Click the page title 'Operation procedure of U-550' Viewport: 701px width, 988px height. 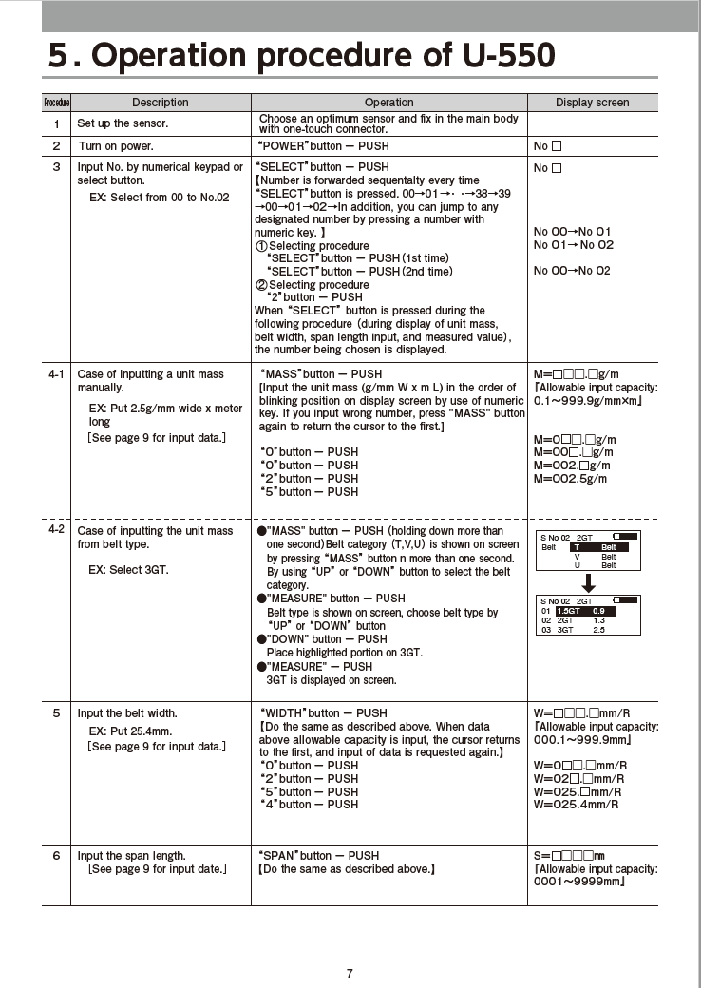click(302, 56)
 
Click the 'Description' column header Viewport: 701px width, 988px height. click(160, 103)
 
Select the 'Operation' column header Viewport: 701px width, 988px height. click(388, 103)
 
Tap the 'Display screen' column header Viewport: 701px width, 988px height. click(592, 103)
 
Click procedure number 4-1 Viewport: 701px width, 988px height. click(56, 374)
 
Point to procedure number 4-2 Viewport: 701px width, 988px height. click(56, 529)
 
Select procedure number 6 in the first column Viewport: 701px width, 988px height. click(56, 856)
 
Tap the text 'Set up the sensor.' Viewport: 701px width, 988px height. click(123, 123)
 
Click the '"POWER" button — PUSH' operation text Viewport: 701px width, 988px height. click(323, 147)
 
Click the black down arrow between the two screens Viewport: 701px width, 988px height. click(588, 580)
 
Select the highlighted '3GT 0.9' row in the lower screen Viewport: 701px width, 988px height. click(584, 610)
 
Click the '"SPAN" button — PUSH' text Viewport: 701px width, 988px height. click(318, 856)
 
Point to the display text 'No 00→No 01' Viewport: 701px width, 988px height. click(573, 232)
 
